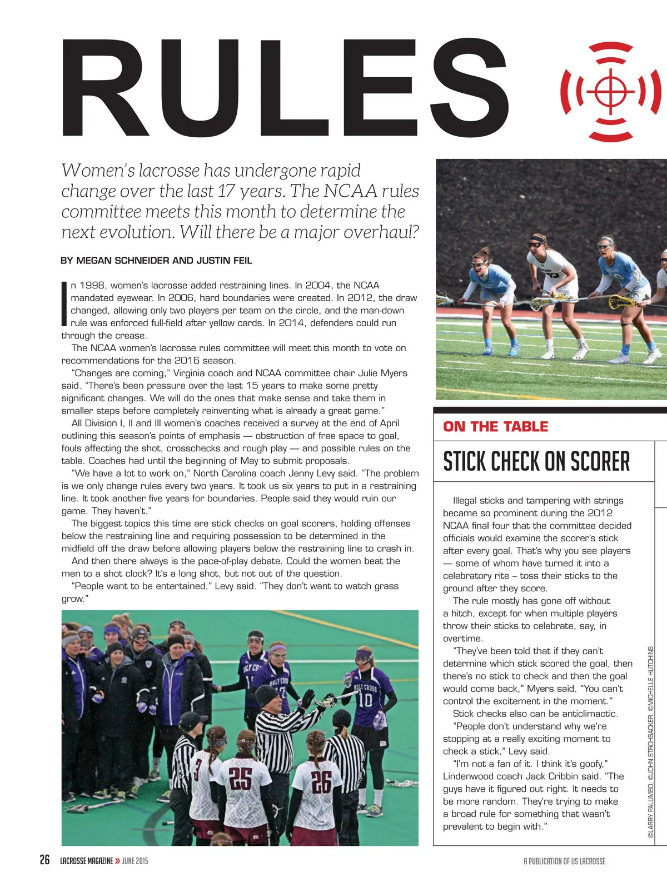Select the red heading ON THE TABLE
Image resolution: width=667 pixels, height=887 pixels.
(495, 427)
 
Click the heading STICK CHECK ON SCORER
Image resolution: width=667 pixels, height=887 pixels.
(536, 461)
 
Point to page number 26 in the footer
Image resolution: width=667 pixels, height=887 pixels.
(44, 860)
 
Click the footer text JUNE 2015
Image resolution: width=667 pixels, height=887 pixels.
(135, 861)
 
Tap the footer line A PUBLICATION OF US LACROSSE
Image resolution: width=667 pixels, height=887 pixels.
(564, 861)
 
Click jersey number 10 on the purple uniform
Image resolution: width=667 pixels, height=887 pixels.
(365, 699)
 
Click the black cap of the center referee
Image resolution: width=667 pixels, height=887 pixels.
(266, 695)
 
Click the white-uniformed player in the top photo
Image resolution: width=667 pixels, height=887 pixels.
(550, 289)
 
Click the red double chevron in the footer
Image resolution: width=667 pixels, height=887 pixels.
(117, 861)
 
